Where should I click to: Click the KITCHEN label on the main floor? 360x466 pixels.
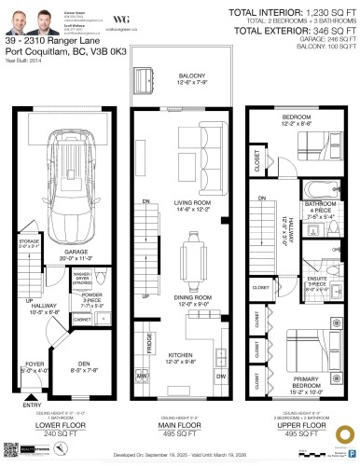(x=179, y=355)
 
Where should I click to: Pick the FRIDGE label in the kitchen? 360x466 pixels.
(x=149, y=342)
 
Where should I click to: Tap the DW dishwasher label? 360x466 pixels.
(x=220, y=375)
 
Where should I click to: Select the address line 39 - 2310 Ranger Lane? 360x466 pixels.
(x=51, y=41)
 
